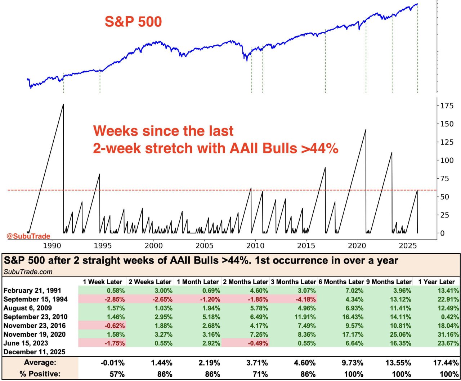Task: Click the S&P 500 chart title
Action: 133,22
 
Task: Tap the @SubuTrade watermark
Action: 28,236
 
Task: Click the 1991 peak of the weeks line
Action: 63,104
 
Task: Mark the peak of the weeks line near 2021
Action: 366,130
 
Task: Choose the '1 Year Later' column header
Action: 436,282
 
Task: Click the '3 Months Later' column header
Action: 293,282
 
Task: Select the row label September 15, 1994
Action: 35,299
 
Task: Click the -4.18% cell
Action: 304,299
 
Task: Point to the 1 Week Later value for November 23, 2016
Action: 115,326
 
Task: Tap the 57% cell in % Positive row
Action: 117,374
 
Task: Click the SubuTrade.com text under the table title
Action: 28,272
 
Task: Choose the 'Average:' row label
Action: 40,362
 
